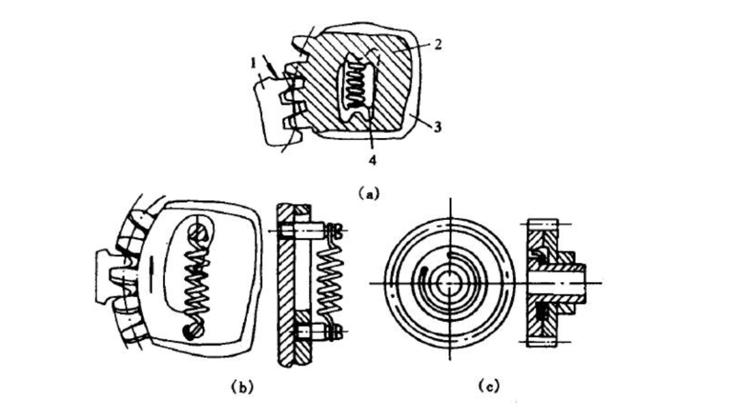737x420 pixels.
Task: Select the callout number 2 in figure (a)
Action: (x=437, y=44)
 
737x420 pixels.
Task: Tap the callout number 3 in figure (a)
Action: (x=437, y=126)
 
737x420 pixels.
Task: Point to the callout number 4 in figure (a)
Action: (x=373, y=160)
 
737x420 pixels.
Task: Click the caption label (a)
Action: (x=368, y=193)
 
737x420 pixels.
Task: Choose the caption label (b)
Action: (x=242, y=387)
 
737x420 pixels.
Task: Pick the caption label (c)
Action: (x=489, y=386)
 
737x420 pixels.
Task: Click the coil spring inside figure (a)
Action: (x=356, y=85)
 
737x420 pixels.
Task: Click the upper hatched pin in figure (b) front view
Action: (x=197, y=231)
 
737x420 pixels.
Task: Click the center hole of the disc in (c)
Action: (x=450, y=283)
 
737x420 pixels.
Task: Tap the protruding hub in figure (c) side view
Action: (x=568, y=282)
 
